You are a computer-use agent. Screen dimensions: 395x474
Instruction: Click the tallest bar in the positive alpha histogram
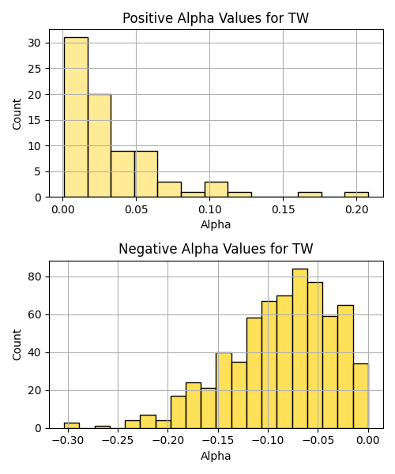[x=76, y=117]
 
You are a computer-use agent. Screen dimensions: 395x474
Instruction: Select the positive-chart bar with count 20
[x=100, y=145]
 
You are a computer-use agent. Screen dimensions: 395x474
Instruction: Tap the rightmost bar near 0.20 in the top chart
[x=356, y=194]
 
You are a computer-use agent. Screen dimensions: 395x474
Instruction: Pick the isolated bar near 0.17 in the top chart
[x=310, y=194]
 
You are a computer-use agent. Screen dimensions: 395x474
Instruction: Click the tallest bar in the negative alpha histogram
[x=300, y=348]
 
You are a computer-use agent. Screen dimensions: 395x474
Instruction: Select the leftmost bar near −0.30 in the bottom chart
[x=72, y=426]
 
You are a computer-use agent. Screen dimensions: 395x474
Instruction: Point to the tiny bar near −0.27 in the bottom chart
[x=103, y=427]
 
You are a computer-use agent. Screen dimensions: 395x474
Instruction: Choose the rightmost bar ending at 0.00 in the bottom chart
[x=361, y=396]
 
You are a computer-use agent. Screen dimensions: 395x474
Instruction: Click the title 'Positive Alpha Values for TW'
[x=216, y=18]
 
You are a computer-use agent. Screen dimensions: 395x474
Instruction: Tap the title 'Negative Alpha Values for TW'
[x=216, y=249]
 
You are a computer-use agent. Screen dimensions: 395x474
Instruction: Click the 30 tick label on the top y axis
[x=34, y=43]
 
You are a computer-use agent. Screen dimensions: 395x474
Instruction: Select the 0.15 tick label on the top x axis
[x=283, y=209]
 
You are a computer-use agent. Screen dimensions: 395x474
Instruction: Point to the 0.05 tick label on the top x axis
[x=136, y=209]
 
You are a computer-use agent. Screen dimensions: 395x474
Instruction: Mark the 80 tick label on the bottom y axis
[x=34, y=277]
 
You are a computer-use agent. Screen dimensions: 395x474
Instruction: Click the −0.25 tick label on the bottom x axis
[x=118, y=441]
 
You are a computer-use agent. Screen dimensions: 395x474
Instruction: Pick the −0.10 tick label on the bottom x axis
[x=268, y=441]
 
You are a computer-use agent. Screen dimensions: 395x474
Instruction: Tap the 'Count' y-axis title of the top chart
[x=17, y=114]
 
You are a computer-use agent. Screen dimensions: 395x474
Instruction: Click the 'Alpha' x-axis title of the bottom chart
[x=216, y=456]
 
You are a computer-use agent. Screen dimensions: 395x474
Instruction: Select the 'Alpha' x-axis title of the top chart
[x=216, y=224]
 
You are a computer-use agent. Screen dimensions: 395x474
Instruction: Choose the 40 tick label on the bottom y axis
[x=34, y=353]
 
